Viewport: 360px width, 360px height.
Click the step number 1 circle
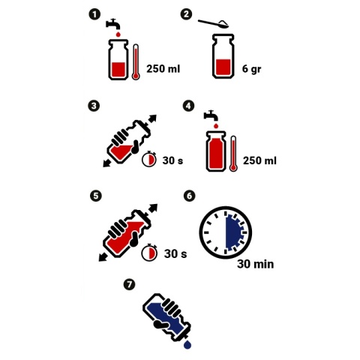pos(94,14)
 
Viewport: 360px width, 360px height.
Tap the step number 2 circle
pos(186,14)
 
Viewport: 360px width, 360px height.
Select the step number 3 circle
pos(94,106)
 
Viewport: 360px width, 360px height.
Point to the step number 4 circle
pos(188,106)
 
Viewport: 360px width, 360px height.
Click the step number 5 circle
pos(96,196)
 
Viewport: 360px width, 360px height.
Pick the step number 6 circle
pos(189,196)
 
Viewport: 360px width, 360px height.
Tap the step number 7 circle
pos(129,284)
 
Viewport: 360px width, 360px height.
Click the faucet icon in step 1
pos(113,24)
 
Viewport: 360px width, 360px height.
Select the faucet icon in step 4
pos(211,115)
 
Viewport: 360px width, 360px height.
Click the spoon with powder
pos(214,24)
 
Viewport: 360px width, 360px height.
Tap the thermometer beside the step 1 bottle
pos(136,62)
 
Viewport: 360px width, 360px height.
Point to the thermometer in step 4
pos(233,154)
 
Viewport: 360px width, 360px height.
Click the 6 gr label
pos(251,68)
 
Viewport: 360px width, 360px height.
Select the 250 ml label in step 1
pos(163,68)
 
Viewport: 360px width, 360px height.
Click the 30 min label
pos(256,264)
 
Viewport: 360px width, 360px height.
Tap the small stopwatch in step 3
pos(149,158)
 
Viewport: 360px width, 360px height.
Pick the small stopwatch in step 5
pos(149,253)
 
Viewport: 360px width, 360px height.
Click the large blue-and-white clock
pos(225,232)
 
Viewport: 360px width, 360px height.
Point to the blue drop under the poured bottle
pos(187,344)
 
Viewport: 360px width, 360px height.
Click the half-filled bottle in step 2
pos(223,56)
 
